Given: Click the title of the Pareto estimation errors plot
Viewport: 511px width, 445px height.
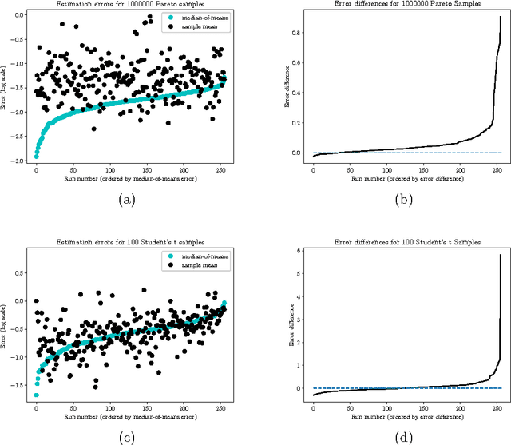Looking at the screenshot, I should coord(125,5).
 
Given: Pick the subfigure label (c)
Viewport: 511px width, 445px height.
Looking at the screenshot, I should coord(125,439).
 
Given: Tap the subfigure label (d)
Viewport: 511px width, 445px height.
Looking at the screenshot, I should coord(400,439).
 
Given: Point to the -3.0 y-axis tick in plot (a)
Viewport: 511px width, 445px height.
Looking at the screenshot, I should coord(19,161).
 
